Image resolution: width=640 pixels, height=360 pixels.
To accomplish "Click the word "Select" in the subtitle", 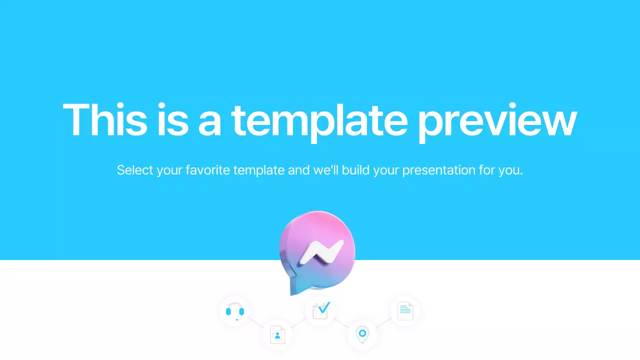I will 135,170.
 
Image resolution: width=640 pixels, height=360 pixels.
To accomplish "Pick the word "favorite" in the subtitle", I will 205,170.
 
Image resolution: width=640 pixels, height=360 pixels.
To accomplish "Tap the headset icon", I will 234,311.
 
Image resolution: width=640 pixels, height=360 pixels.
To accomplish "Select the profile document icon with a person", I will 277,334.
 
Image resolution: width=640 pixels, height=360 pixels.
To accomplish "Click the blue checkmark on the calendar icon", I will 323,306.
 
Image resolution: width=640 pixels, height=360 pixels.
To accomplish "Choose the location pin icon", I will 362,333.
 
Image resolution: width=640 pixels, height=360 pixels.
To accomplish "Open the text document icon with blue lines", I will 405,310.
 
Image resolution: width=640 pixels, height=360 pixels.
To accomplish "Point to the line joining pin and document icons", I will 383,322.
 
